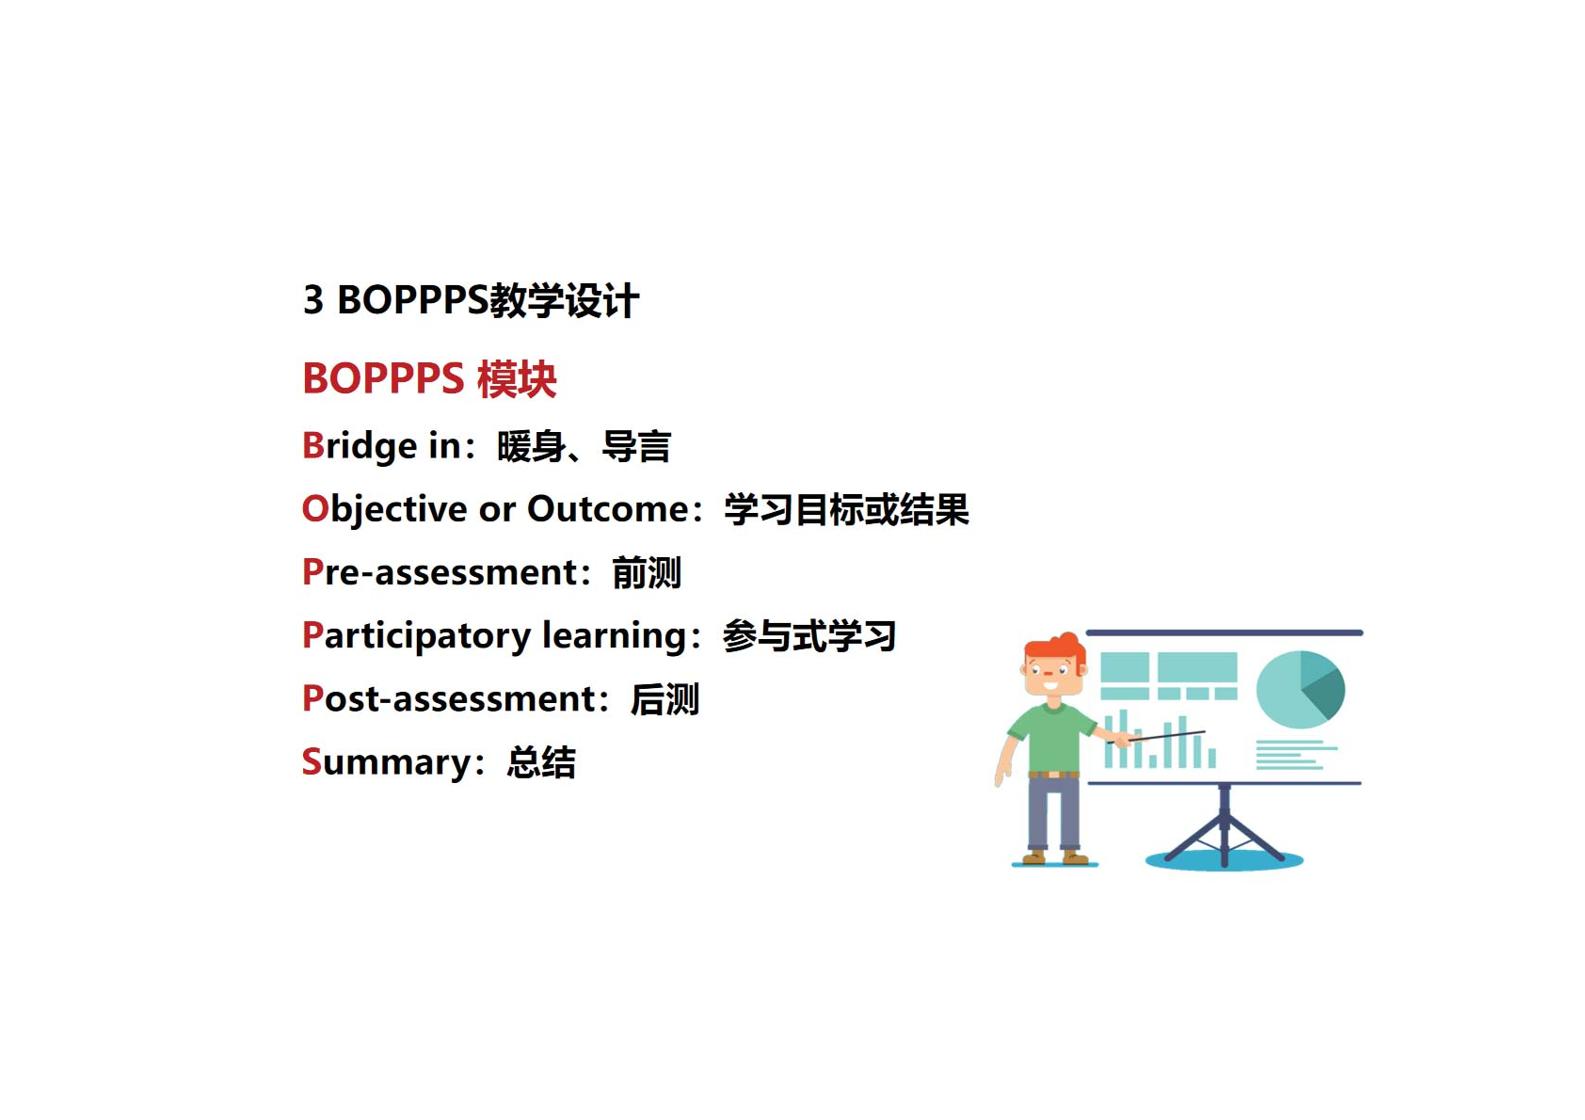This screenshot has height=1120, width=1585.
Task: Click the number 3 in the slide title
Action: pos(313,299)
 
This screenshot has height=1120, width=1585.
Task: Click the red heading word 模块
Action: pos(518,378)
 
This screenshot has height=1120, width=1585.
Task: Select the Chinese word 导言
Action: pos(636,446)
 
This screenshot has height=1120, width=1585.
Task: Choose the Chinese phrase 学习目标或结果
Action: pos(846,509)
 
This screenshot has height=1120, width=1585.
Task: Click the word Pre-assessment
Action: pos(440,571)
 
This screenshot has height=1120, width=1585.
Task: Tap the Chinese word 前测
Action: pos(647,572)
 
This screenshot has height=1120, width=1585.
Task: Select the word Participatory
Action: pos(416,636)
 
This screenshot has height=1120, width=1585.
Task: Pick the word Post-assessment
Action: pos(450,699)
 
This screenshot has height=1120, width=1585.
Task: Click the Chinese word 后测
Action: pos(664,699)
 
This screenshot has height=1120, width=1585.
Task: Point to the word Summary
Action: pos(386,762)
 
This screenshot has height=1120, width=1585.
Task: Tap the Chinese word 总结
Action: pos(541,762)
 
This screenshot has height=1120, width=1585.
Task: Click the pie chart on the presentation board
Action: pos(1301,690)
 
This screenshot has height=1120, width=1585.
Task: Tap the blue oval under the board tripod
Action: pos(1225,860)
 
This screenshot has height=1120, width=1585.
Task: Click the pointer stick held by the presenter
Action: pos(1156,737)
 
